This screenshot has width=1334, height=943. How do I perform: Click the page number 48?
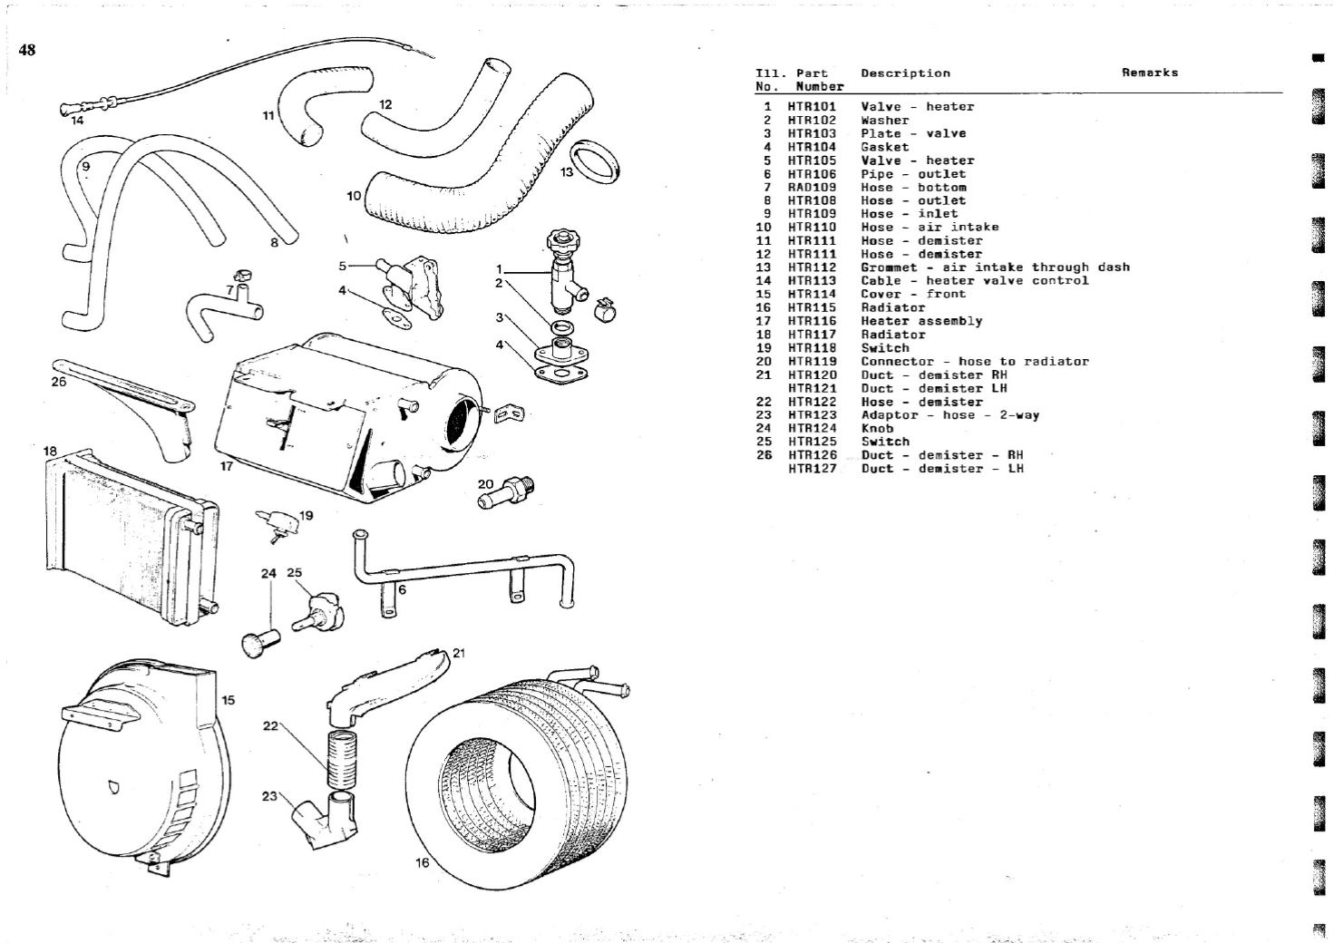26,51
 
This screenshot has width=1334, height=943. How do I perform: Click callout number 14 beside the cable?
77,120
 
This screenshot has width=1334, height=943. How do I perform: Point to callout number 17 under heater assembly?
227,466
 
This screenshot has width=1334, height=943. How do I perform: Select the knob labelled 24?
258,640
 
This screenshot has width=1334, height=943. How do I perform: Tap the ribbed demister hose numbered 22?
344,759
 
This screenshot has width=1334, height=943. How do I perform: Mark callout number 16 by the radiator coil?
422,862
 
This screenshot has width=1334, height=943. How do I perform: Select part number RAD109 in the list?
812,188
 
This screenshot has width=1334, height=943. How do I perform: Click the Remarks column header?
1149,73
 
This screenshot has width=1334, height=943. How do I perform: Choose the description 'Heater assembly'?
921,321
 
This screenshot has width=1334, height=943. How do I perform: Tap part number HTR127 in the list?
812,469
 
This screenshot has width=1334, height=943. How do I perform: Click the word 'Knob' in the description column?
877,429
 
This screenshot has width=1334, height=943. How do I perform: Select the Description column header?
905,73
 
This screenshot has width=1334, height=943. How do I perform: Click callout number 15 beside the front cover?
229,700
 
